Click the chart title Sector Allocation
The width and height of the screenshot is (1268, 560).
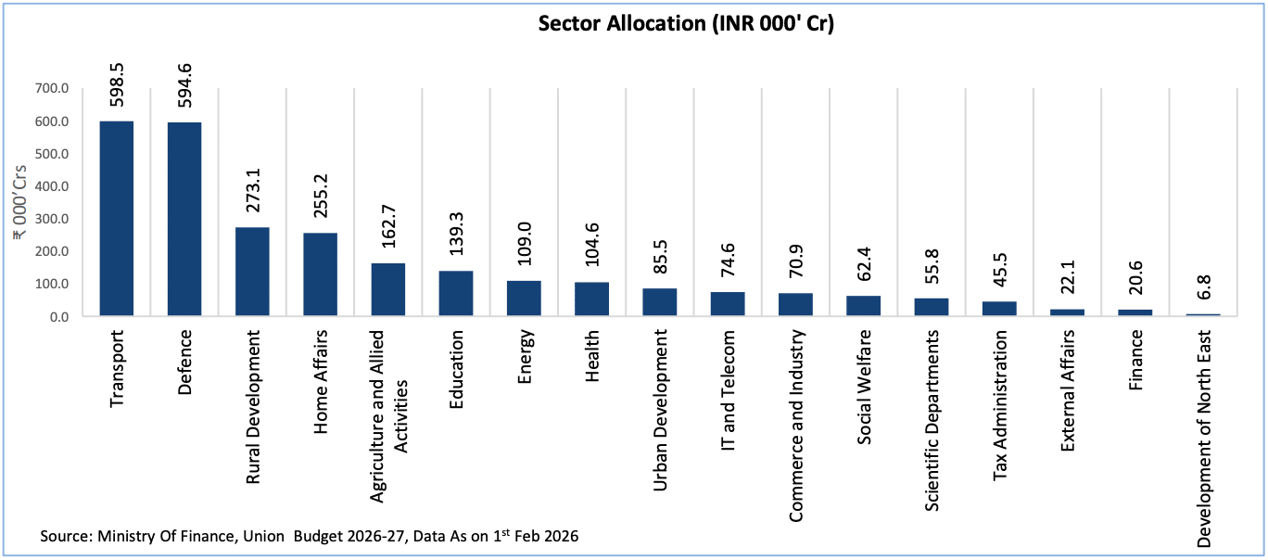pos(686,25)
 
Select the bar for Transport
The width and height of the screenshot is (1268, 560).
pos(116,219)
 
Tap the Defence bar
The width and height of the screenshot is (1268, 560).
pos(184,220)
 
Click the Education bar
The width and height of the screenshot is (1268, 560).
pos(456,293)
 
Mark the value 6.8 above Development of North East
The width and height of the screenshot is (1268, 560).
pos(1203,287)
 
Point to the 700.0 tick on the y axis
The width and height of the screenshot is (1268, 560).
pos(51,89)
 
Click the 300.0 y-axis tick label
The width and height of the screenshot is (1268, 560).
pos(51,219)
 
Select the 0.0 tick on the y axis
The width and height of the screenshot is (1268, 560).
pos(58,317)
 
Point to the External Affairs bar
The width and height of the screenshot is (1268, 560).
pos(1067,312)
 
